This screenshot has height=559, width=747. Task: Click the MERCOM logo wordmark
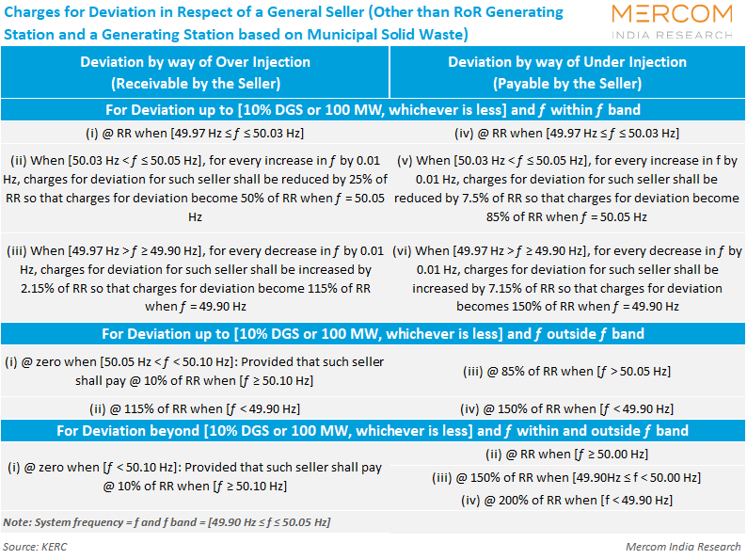pos(672,14)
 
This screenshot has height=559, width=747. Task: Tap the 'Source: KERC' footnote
pos(35,547)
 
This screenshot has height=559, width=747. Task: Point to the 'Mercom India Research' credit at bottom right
pos(683,547)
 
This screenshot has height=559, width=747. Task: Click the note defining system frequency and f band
pos(167,522)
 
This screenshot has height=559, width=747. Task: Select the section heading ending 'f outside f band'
pos(373,333)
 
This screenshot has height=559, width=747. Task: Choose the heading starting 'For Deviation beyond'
pos(373,431)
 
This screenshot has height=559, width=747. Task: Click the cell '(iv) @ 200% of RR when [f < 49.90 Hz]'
pos(567,501)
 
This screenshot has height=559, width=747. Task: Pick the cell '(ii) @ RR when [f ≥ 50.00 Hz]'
pos(567,455)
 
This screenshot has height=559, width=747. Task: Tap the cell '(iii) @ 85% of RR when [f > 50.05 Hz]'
pos(567,371)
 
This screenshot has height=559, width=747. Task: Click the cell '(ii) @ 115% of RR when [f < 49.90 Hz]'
pos(195,408)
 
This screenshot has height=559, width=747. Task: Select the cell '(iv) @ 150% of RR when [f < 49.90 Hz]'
pos(567,408)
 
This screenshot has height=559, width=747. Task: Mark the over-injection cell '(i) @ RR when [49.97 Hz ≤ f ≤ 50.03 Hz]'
pos(195,133)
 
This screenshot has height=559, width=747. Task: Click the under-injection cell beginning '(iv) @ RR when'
pos(567,133)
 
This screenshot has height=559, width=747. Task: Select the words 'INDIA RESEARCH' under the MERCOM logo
pos(672,35)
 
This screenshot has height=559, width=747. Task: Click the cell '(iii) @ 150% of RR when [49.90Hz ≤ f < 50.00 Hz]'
pos(567,477)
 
